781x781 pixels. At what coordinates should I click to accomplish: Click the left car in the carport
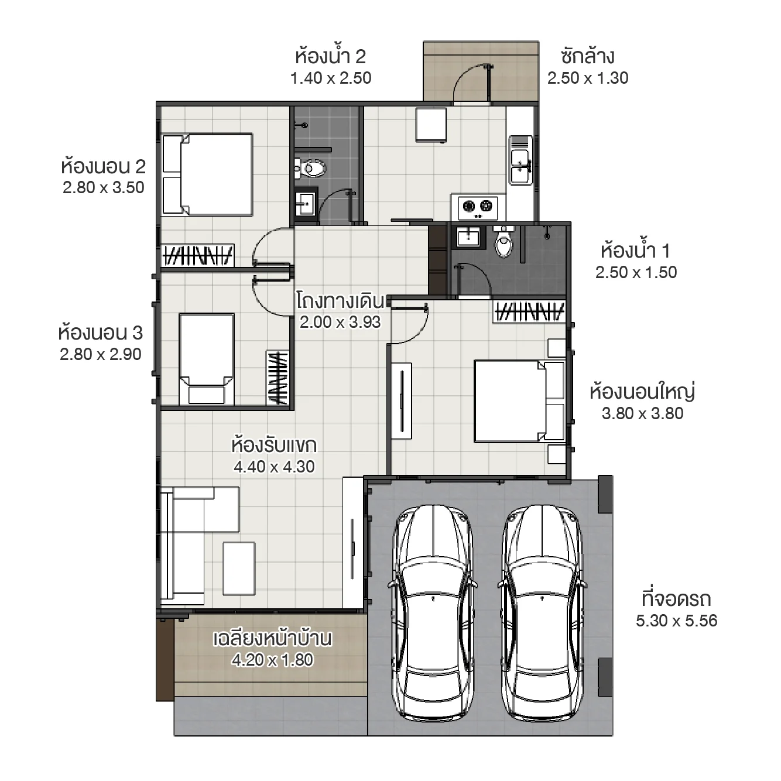pyautogui.click(x=433, y=612)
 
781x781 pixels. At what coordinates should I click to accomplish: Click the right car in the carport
pyautogui.click(x=542, y=612)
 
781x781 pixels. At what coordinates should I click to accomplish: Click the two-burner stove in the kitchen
pyautogui.click(x=477, y=206)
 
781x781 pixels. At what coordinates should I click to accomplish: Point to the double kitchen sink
pyautogui.click(x=520, y=159)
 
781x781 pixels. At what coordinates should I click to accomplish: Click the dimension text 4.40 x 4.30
pyautogui.click(x=274, y=467)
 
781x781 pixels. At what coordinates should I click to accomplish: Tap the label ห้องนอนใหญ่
pyautogui.click(x=642, y=391)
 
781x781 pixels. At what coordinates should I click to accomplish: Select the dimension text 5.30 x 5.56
pyautogui.click(x=676, y=621)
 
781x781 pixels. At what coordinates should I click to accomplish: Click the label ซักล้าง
pyautogui.click(x=587, y=57)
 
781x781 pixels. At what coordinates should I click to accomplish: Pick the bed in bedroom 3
pyautogui.click(x=207, y=358)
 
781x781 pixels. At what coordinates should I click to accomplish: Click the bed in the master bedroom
pyautogui.click(x=519, y=401)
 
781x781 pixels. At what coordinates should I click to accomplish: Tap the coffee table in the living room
pyautogui.click(x=239, y=568)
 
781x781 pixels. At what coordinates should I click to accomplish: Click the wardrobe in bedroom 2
pyautogui.click(x=198, y=256)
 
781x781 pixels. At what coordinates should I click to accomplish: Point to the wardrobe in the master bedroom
pyautogui.click(x=529, y=311)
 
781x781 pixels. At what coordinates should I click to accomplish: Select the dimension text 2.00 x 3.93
pyautogui.click(x=340, y=322)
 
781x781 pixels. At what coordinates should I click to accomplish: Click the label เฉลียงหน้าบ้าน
pyautogui.click(x=272, y=638)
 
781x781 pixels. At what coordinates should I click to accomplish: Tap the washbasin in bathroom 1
pyautogui.click(x=468, y=237)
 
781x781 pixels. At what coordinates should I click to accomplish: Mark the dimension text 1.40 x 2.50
pyautogui.click(x=331, y=78)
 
